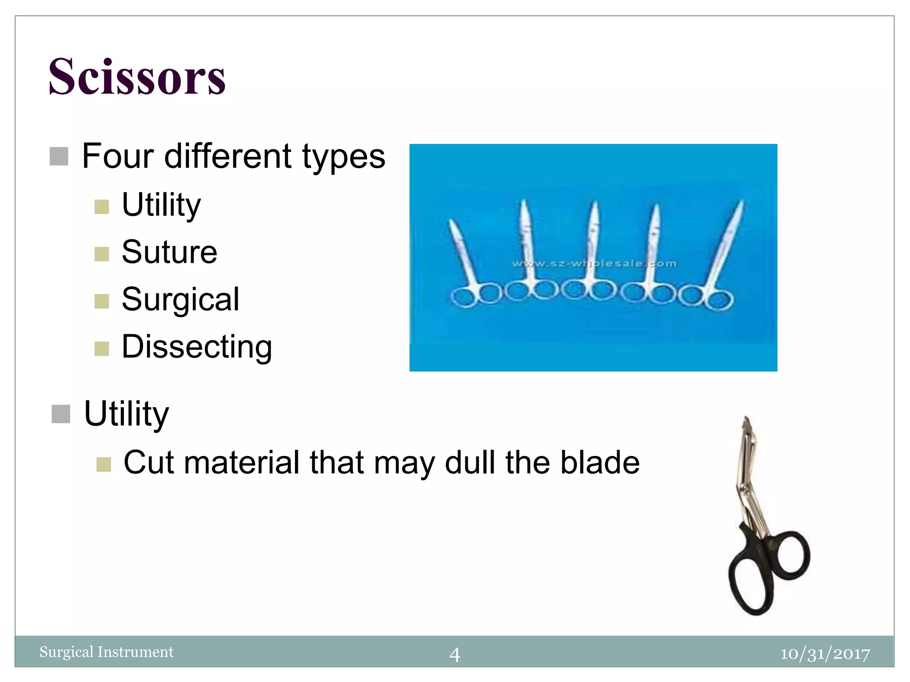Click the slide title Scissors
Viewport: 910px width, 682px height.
pos(137,77)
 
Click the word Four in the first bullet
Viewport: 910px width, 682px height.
pos(117,156)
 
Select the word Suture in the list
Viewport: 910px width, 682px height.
pos(169,252)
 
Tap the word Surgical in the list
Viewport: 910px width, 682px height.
pos(180,300)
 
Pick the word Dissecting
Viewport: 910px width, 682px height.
pos(197,347)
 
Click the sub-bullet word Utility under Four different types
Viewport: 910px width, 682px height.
pos(161,205)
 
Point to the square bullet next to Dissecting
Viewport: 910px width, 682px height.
pos(102,349)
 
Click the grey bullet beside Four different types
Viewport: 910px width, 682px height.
pos(59,156)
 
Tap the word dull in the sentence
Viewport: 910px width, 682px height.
pos(470,463)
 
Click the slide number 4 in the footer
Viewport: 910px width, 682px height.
pos(455,654)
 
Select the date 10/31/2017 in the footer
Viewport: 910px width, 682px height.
pos(825,654)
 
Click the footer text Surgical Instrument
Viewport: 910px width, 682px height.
pos(106,652)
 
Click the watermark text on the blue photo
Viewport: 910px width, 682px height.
pos(594,264)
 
